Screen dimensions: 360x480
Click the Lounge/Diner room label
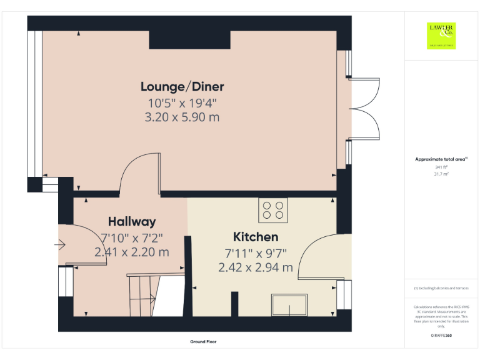[x=182, y=86]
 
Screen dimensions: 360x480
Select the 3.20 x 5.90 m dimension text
[x=182, y=117]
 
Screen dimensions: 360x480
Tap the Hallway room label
[x=132, y=221]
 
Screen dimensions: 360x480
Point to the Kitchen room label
[x=256, y=237]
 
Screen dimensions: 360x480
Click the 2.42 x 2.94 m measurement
[x=256, y=267]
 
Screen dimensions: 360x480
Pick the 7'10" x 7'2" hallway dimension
[x=132, y=237]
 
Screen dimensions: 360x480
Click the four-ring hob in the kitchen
[x=272, y=210]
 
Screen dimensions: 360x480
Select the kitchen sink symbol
[x=289, y=305]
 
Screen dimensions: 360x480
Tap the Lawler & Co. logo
[x=441, y=35]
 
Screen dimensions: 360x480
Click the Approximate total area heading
[x=441, y=160]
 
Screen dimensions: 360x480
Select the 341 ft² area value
[x=441, y=167]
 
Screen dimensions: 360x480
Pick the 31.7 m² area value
[x=441, y=174]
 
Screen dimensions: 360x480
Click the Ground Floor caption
[x=203, y=342]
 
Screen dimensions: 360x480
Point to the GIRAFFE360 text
[x=441, y=336]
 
